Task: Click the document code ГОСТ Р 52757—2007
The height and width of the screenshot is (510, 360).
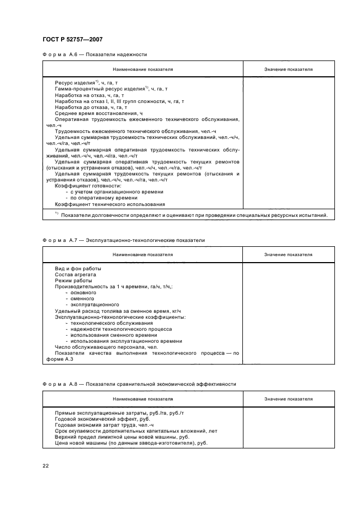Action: click(x=72, y=39)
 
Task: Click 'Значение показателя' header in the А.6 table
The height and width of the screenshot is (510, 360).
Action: click(x=288, y=70)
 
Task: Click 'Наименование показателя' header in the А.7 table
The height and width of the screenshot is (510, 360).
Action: click(x=143, y=255)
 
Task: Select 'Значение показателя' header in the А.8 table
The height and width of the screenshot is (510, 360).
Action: click(x=288, y=399)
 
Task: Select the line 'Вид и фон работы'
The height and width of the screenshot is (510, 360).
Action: click(x=78, y=269)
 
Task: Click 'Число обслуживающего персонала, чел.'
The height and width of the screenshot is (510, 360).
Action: click(x=99, y=347)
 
